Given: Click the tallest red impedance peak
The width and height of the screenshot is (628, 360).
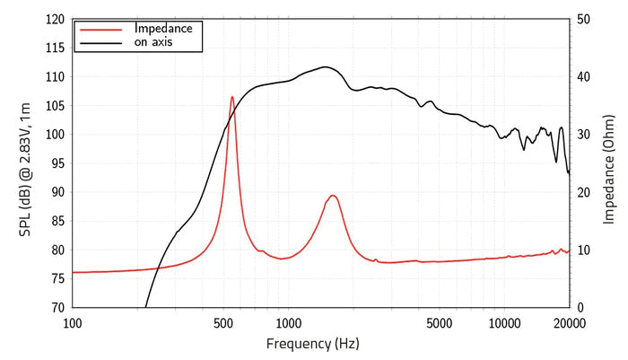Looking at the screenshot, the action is (231, 97).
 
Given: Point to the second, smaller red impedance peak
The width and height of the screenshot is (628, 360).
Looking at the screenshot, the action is (333, 196).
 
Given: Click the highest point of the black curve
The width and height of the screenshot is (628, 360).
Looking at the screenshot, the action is (325, 67).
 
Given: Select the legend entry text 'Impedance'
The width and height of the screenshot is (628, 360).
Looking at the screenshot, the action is (163, 29).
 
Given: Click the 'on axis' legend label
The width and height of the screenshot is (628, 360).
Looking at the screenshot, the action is (153, 41).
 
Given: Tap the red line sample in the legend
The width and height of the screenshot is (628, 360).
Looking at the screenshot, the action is (100, 30).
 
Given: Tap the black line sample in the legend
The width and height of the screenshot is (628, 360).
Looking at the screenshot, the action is (100, 42).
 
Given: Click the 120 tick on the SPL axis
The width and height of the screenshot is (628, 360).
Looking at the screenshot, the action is (56, 19).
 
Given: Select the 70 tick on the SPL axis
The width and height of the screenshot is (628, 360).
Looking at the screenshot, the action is (58, 308).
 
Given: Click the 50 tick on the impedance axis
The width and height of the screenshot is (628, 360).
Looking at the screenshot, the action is (583, 19).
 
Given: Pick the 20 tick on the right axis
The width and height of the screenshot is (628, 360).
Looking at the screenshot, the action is (583, 192).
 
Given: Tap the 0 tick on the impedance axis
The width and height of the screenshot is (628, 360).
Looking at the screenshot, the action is (580, 308).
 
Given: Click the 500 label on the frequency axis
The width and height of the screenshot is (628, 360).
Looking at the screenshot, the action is (223, 323).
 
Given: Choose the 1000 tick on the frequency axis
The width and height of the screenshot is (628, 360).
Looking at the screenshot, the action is (288, 323).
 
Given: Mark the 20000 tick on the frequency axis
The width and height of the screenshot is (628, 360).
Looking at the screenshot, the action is (570, 323).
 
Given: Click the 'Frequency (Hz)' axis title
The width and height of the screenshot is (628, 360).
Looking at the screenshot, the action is (313, 344).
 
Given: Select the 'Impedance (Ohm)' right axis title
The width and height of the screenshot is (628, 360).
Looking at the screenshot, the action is (608, 170).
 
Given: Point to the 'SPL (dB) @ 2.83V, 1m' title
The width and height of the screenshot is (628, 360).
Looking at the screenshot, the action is (25, 170).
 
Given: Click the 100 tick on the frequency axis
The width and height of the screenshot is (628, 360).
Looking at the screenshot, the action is (73, 323).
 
